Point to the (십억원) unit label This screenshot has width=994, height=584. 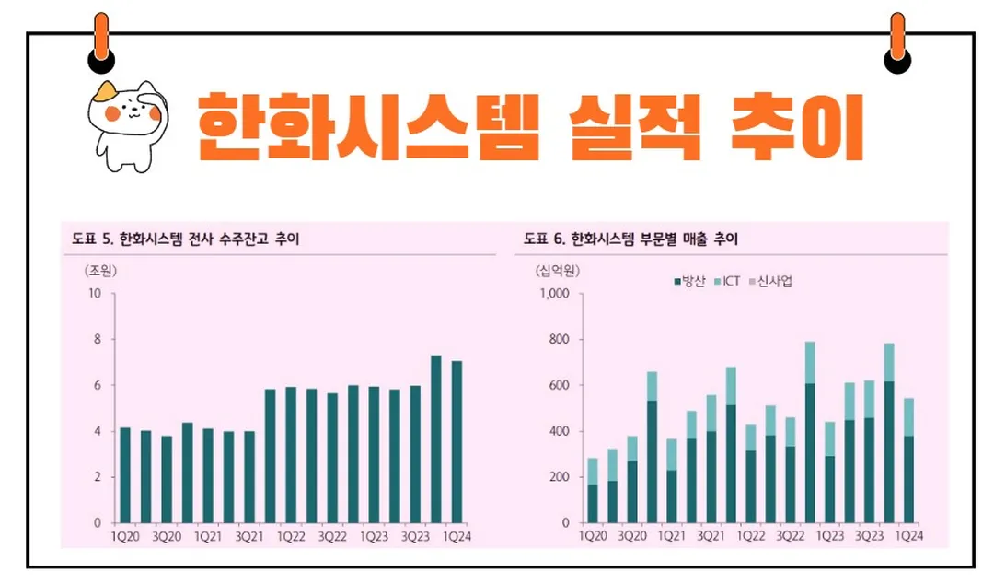tap(556, 271)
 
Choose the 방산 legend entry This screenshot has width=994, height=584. tap(689, 281)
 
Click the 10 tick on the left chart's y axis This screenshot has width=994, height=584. tap(94, 294)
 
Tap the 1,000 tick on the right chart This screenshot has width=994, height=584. tap(553, 294)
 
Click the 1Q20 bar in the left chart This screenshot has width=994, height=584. tap(125, 474)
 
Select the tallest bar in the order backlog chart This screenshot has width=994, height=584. tap(435, 438)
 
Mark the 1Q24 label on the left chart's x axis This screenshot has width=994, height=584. tap(457, 535)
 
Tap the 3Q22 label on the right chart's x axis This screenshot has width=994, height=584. tap(790, 535)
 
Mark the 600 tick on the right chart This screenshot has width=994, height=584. tap(557, 385)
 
